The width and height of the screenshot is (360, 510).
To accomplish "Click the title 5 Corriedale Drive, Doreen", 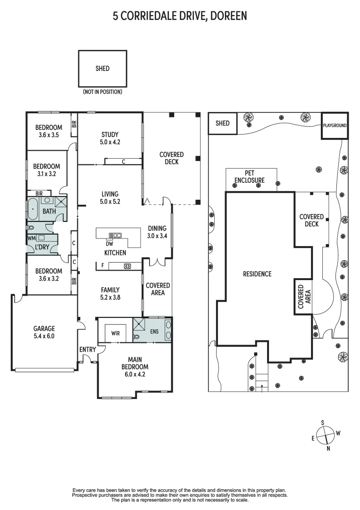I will tap(180, 17).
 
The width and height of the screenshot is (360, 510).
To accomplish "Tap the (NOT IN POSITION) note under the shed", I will tap(102, 92).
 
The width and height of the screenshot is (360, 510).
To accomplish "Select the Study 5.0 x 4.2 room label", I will tap(109, 137).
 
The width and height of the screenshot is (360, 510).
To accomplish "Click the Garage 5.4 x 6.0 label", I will tap(44, 332).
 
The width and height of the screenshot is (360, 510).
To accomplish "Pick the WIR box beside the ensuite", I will tap(115, 333).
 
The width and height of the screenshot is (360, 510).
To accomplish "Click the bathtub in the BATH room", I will tap(33, 209).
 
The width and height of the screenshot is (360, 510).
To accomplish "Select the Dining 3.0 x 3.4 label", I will tap(157, 231).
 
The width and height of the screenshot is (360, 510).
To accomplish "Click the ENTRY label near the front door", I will tap(88, 349).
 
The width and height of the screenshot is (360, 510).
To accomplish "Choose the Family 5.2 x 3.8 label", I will tap(110, 294).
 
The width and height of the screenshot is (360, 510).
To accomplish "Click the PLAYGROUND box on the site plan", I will tap(335, 126).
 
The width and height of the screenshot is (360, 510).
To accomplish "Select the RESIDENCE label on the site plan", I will tap(257, 274).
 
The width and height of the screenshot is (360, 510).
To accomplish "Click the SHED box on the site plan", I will tap(222, 123).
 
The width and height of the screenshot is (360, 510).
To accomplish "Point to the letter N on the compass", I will tap(328, 448).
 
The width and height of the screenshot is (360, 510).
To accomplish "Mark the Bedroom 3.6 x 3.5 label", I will tap(49, 131).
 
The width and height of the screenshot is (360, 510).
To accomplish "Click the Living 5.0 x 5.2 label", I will tap(109, 197).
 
